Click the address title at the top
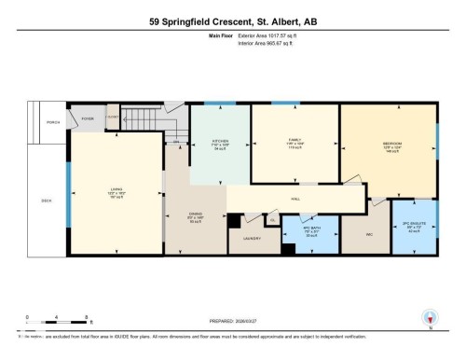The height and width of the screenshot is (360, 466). [233, 20]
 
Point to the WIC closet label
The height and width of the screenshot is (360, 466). [369, 233]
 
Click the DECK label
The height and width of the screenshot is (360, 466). [46, 200]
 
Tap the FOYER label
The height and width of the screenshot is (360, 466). [88, 119]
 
